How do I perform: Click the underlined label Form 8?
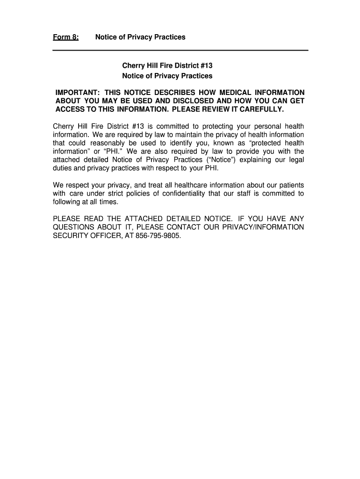pos(65,37)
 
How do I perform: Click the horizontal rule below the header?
pos(180,50)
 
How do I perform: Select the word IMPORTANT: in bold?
pos(76,93)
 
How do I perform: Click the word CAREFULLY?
pos(259,109)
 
